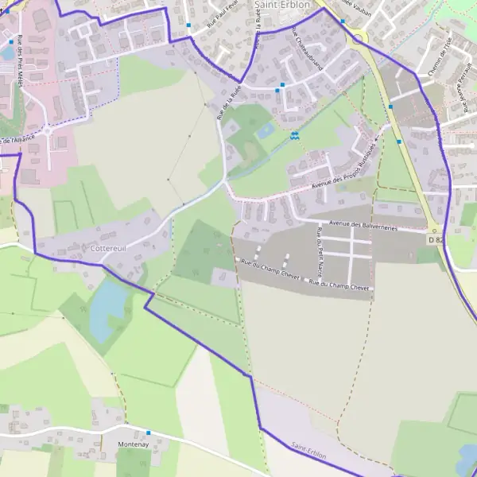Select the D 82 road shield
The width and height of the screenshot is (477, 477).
click(x=436, y=239)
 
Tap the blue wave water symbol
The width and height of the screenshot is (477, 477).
click(x=295, y=136)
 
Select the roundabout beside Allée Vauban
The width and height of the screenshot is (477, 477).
click(x=359, y=37)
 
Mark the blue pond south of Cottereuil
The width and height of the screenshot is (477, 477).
click(x=108, y=308)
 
